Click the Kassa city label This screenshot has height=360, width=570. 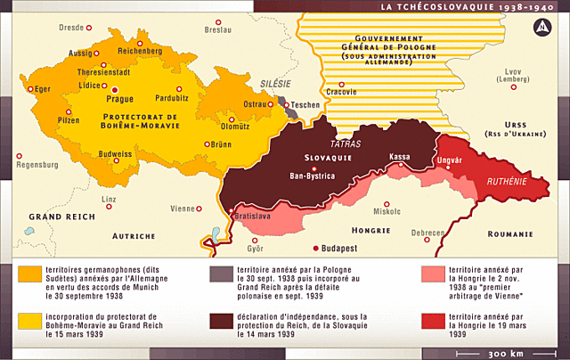point(399,156)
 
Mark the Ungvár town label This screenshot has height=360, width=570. point(448,160)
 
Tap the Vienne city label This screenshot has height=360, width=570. point(183,209)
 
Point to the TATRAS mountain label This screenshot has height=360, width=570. point(345,143)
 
